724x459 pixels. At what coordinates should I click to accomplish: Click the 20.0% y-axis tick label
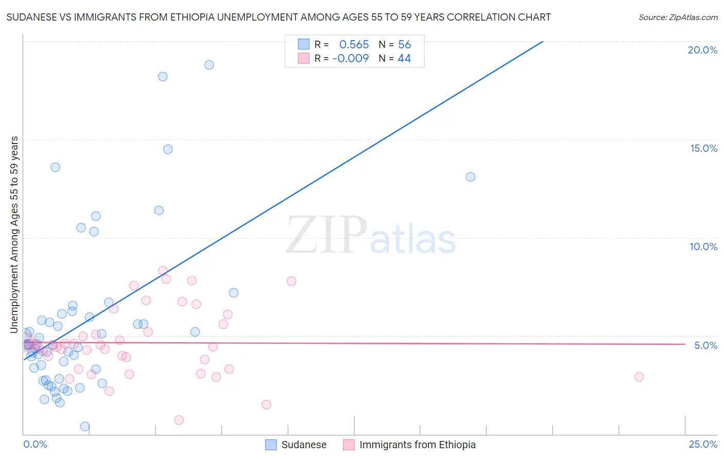pos(702,50)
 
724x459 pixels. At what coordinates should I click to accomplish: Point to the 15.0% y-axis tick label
pos(703,148)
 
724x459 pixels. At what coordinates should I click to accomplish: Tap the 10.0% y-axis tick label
pos(703,246)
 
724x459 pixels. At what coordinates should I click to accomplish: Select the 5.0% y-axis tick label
pos(705,345)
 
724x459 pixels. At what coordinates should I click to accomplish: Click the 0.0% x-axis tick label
pos(35,444)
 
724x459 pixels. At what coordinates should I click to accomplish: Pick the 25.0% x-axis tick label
pos(703,444)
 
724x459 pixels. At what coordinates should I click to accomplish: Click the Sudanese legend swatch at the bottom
pos(271,445)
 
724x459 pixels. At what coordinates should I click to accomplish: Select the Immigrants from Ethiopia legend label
pos(417,445)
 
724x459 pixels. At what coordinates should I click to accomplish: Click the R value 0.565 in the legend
pos(354,45)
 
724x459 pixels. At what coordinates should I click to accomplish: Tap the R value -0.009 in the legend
pos(351,59)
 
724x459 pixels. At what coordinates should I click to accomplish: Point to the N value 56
pos(404,45)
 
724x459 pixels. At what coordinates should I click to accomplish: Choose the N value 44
pos(404,59)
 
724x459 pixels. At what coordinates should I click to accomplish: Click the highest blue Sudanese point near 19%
pos(209,65)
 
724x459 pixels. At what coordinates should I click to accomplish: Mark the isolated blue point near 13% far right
pos(470,177)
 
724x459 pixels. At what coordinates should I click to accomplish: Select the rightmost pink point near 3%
pos(639,377)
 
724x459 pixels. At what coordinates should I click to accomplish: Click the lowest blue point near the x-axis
pos(85,427)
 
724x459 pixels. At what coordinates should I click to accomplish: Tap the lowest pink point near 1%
pos(179,420)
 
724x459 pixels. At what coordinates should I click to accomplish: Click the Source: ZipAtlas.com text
pos(678,17)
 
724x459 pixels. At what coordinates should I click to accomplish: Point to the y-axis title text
pos(14,235)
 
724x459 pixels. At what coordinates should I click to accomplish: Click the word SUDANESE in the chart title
pos(31,17)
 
